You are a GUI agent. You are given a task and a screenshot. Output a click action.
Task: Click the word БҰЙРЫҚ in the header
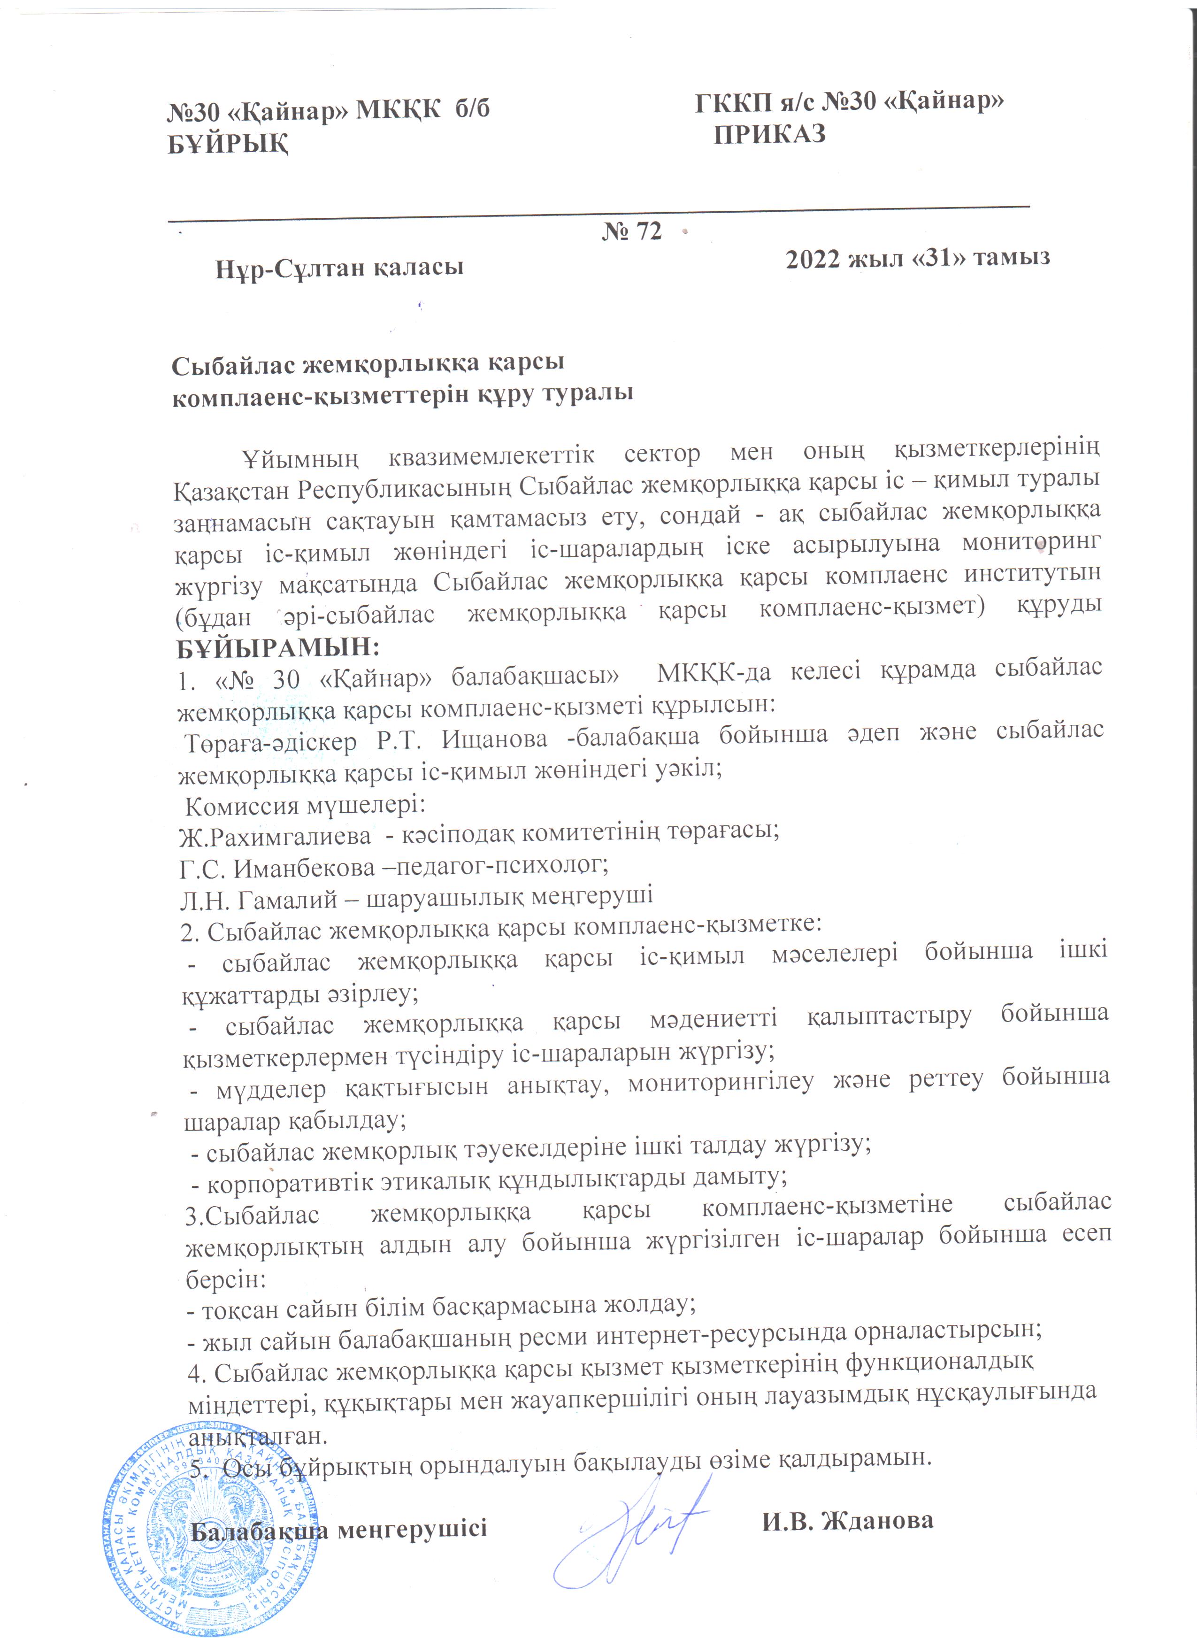click(228, 144)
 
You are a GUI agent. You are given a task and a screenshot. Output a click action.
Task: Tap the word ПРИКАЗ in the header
click(769, 134)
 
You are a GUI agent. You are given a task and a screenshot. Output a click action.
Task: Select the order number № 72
click(631, 231)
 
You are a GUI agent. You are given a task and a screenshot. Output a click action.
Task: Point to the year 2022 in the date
click(813, 259)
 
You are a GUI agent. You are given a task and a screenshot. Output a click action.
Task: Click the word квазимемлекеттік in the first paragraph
click(491, 456)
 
